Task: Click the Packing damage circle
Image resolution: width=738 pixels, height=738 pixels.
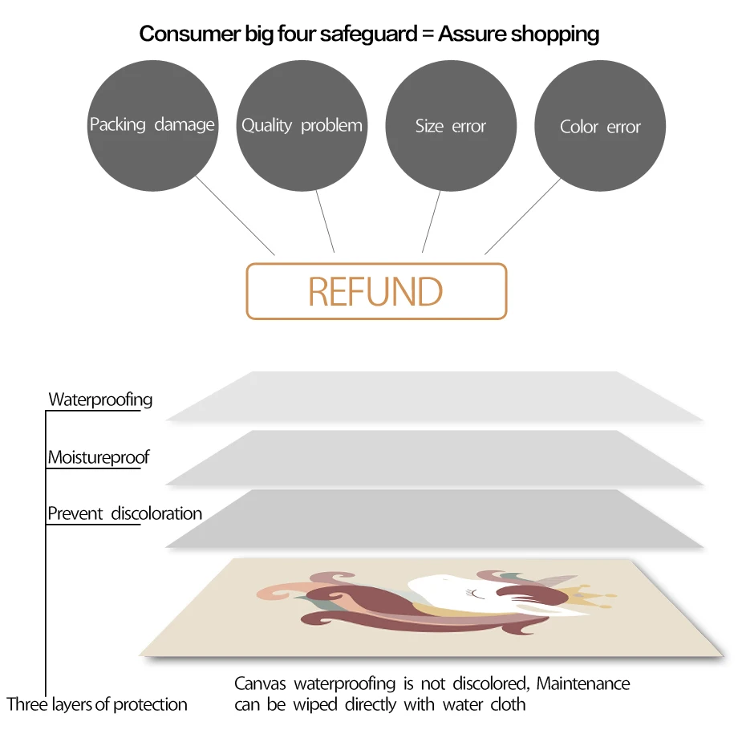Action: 152,125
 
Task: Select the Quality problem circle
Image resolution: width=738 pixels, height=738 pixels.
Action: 302,125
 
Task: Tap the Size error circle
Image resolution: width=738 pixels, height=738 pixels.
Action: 451,126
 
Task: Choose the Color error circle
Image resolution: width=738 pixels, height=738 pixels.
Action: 600,127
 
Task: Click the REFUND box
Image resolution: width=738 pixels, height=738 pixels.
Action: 376,291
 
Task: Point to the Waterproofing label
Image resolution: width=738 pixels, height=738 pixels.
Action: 100,399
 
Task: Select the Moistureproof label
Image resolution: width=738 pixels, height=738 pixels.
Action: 99,457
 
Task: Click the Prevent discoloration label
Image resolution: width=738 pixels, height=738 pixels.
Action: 124,513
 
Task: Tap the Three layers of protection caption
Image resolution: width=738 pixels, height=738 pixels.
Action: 97,704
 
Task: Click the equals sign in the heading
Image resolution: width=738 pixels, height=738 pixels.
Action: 423,34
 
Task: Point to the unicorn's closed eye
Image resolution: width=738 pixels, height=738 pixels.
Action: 479,594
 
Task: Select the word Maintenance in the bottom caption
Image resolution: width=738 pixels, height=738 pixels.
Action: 583,683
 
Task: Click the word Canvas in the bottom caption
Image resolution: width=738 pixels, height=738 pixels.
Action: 262,683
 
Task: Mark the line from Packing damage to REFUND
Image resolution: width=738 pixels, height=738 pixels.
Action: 236,216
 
